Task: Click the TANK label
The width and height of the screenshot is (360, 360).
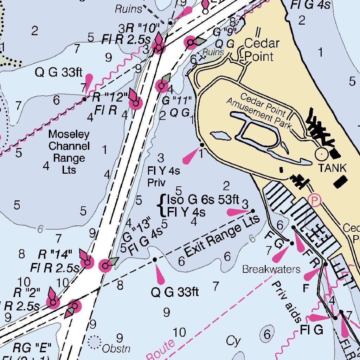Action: (332, 168)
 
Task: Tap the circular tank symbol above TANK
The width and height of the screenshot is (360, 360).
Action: (321, 154)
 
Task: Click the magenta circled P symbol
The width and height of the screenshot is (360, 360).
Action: (315, 200)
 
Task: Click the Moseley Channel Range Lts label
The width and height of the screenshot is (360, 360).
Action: (69, 152)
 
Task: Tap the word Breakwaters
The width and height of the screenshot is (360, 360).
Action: (271, 269)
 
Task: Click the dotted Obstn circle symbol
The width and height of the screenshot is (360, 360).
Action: (94, 341)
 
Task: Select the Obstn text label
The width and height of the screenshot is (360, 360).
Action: (116, 349)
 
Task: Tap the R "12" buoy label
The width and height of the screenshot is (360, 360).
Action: (109, 97)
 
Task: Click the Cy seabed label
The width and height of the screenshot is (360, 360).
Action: (233, 341)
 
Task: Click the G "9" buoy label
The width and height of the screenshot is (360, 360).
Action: (225, 32)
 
